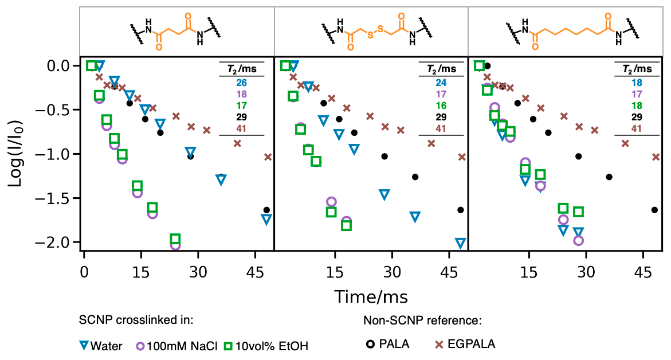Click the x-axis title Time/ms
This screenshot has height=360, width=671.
371,296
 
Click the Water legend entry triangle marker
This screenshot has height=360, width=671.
84,346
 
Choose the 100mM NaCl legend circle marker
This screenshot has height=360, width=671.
140,346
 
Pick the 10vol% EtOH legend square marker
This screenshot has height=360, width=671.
211,346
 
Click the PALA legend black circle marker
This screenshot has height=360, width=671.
370,345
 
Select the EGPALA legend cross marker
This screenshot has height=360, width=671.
440,345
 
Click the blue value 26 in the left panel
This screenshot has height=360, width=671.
241,83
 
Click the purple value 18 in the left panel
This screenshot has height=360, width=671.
241,94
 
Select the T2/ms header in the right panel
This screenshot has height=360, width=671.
637,69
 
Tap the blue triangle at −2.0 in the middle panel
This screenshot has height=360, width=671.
460,242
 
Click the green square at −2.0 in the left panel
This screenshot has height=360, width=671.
175,239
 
